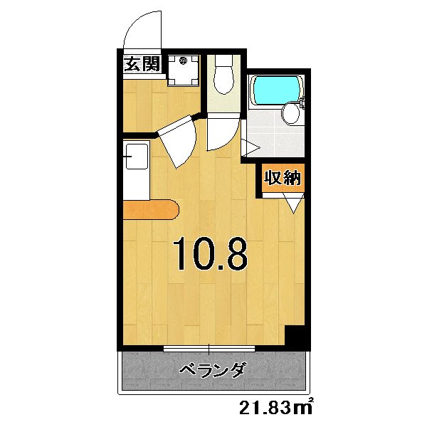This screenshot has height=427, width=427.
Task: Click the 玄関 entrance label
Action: click(142, 65)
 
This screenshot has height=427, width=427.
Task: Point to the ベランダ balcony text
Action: click(211, 371)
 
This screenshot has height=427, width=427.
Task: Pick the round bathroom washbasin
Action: click(290, 113)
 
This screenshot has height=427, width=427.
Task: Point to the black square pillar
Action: click(295, 337)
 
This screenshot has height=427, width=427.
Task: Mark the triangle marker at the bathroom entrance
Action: click(250, 147)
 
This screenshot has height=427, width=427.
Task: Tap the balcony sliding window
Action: click(211, 348)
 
